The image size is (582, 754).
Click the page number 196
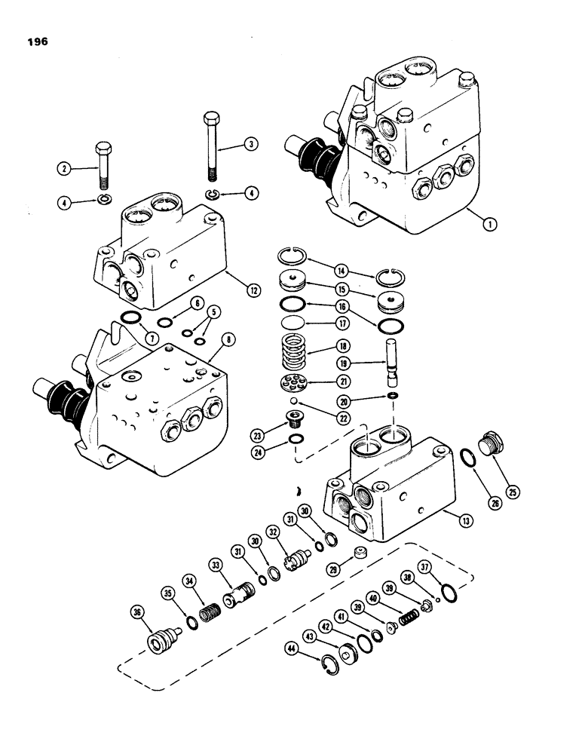[x=35, y=42]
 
